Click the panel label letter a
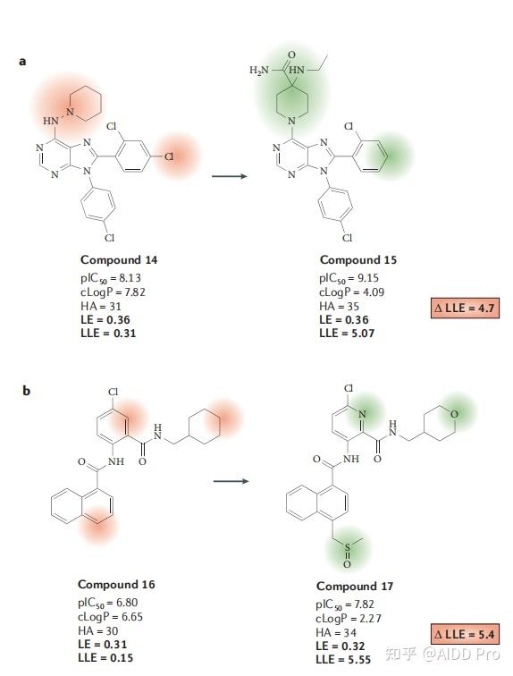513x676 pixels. [22, 61]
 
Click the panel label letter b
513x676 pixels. [26, 391]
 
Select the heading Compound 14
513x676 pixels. [119, 260]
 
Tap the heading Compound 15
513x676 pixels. [357, 260]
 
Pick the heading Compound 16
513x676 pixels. [116, 585]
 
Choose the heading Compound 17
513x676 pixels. [355, 587]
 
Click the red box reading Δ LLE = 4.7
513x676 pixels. [466, 308]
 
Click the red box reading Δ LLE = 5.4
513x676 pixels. [466, 634]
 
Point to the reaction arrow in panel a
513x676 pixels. [230, 176]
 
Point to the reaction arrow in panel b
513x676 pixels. [231, 481]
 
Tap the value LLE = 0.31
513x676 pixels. [108, 334]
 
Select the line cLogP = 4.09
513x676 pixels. [351, 292]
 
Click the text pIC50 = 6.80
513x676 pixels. [107, 603]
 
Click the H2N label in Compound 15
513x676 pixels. [259, 71]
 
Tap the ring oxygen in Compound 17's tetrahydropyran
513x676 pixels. [453, 415]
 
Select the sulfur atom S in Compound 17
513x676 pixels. [347, 548]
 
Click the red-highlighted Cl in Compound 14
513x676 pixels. [169, 156]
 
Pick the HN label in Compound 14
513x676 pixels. [51, 121]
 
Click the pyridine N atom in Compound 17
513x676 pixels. [362, 414]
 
